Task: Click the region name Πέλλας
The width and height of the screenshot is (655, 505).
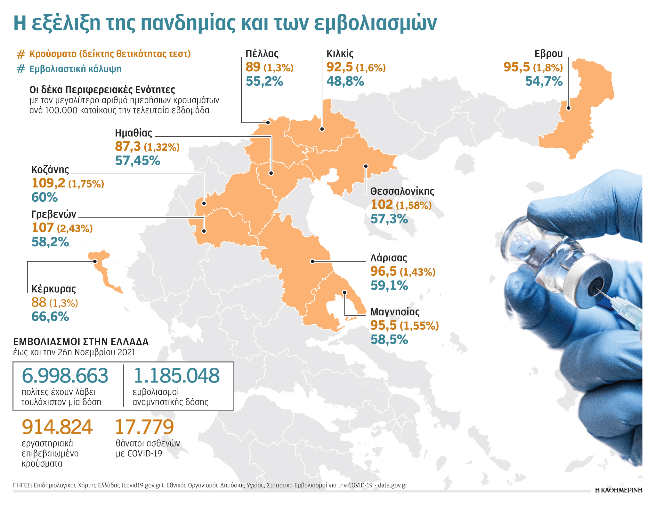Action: (x=262, y=53)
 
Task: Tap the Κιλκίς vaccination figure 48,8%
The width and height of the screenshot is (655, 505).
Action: (x=345, y=81)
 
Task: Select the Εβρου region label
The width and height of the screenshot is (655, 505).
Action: (x=548, y=53)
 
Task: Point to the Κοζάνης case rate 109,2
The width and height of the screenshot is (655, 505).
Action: (x=48, y=183)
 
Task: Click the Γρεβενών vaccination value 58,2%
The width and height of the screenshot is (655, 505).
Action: (x=50, y=242)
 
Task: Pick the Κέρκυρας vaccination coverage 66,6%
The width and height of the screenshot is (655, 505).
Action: (x=50, y=317)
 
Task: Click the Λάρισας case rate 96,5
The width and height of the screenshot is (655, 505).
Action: (x=383, y=272)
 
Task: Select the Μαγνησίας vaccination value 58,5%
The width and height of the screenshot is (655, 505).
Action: (x=389, y=340)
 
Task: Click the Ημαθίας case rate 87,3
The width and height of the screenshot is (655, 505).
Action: (x=128, y=146)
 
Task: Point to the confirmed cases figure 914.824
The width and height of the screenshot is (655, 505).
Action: (x=57, y=427)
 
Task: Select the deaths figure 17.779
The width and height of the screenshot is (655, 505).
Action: (x=144, y=427)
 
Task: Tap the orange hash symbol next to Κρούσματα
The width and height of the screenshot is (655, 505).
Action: (x=20, y=54)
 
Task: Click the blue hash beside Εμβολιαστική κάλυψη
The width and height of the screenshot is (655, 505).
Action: (x=20, y=69)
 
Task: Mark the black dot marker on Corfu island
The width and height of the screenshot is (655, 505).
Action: (x=95, y=261)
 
